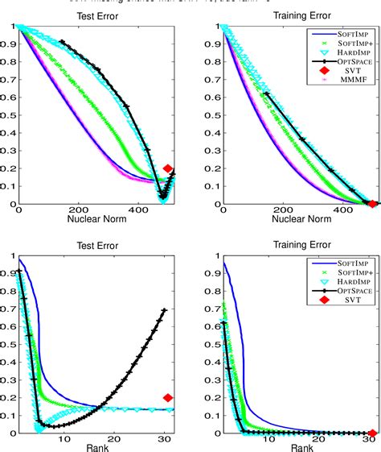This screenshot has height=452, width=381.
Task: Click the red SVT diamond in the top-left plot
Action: click(x=168, y=168)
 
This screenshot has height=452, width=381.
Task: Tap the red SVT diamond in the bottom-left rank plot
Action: click(x=168, y=397)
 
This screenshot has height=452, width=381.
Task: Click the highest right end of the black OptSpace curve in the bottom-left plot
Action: click(x=166, y=310)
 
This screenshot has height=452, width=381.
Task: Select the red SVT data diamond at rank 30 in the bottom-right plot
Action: click(x=372, y=433)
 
